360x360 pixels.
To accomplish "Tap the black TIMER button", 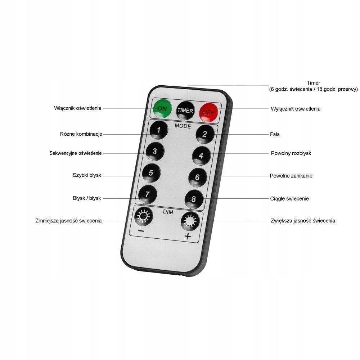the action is tap(185, 110).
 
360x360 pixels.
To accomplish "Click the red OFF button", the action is tap(208, 111).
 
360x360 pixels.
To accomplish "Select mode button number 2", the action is tap(204, 135).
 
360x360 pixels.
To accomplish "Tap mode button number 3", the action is tap(154, 151).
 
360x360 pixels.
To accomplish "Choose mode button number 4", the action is tap(201, 156).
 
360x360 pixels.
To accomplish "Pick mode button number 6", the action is tap(197, 177).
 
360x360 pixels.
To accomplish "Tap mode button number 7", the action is tap(147, 194).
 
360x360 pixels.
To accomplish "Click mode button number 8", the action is tap(194, 198).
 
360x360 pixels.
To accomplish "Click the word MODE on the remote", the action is tap(183, 126).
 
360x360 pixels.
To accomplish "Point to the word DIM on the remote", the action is tap(168, 212).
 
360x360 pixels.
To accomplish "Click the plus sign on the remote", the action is tap(187, 236).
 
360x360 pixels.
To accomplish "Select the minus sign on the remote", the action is tap(141, 231).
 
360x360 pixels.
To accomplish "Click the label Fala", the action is tap(275, 134).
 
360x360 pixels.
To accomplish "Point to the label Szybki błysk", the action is tap(87, 175).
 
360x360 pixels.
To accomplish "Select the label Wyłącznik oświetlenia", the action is tap(295, 109).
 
